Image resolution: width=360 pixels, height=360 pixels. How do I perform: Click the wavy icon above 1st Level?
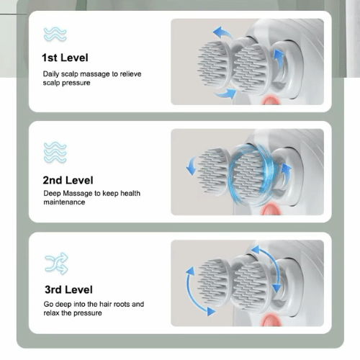point(55,33)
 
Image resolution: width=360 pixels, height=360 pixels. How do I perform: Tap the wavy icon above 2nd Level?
point(55,152)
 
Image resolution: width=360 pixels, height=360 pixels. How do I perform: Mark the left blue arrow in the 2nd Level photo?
point(192,164)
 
